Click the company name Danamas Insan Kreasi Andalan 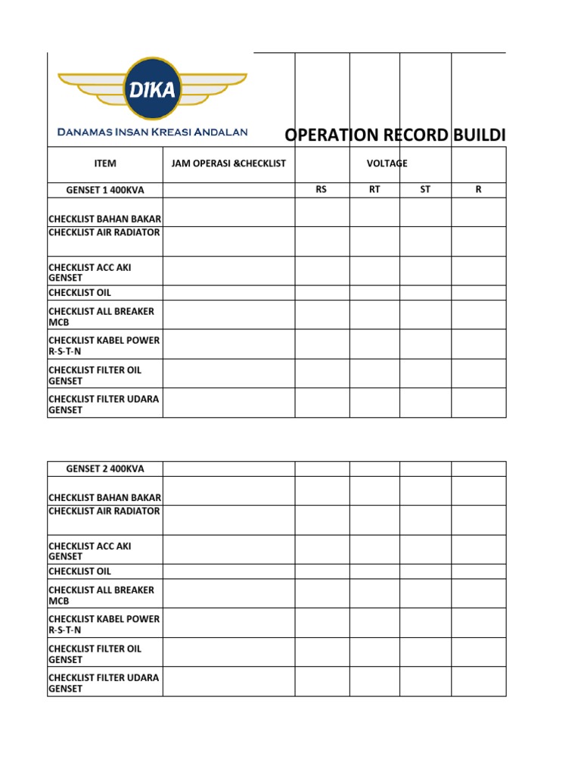pos(153,132)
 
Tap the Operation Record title pos(394,135)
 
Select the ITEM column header pos(105,163)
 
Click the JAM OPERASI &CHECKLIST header pos(228,163)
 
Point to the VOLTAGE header pos(387,163)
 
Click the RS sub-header pos(322,190)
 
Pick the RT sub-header pos(374,190)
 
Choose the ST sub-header pos(425,190)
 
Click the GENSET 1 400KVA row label pos(105,190)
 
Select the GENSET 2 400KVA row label pos(105,469)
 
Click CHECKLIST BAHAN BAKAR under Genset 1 pos(105,219)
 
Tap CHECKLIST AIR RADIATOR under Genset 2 pos(104,512)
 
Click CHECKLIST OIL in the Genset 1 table pos(80,293)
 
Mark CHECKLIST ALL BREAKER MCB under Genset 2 pos(101,595)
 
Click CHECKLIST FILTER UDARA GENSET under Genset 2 pos(104,683)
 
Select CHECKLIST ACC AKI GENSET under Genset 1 pos(95,272)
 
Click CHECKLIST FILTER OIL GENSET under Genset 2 pos(95,654)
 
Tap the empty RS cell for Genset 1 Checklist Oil pos(322,293)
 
